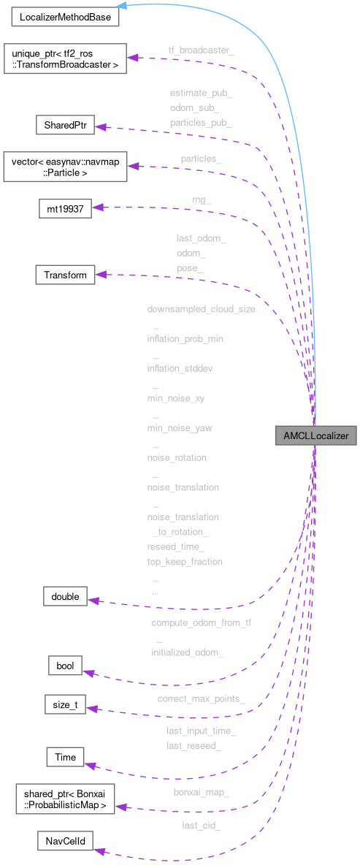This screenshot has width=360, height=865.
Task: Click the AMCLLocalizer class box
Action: click(x=312, y=435)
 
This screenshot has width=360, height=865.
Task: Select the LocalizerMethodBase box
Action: click(x=64, y=16)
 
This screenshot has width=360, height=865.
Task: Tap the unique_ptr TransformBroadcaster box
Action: click(x=64, y=58)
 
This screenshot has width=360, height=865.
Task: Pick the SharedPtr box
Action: click(x=65, y=125)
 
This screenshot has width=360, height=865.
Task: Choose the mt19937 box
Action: click(x=64, y=209)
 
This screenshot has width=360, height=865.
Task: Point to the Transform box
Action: click(x=65, y=275)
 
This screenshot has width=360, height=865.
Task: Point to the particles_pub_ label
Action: click(x=201, y=123)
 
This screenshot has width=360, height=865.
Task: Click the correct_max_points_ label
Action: click(x=201, y=699)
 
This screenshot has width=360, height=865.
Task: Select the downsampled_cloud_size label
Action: click(x=201, y=309)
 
